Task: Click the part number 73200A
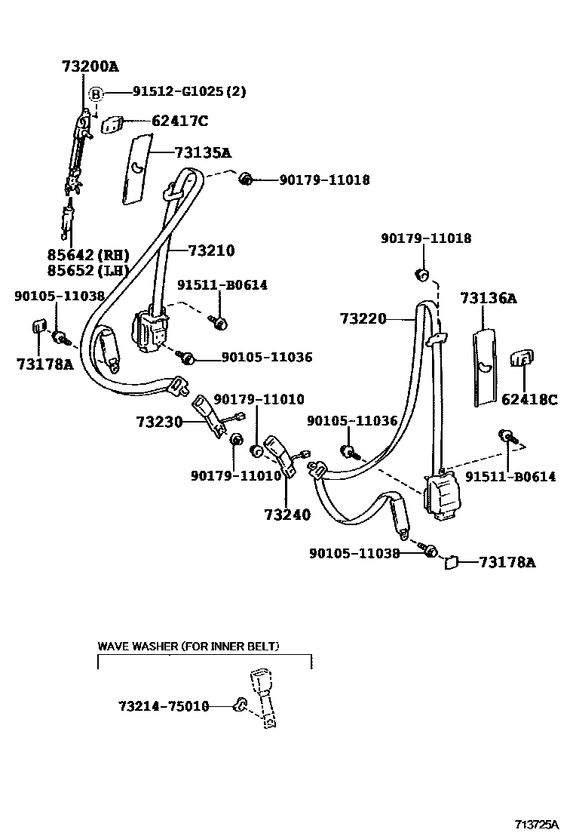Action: coord(90,67)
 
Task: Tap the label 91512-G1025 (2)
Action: coord(189,92)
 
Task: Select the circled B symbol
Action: coord(96,94)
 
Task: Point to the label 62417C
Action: coord(179,121)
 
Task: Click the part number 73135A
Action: coord(202,153)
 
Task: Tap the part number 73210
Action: coord(211,250)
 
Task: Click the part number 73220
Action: coord(362,319)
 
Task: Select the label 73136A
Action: coord(488,299)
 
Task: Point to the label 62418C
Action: coord(529,400)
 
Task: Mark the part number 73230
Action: coord(160,422)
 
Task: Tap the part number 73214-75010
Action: coord(164,706)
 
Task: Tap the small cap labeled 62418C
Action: coord(522,358)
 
